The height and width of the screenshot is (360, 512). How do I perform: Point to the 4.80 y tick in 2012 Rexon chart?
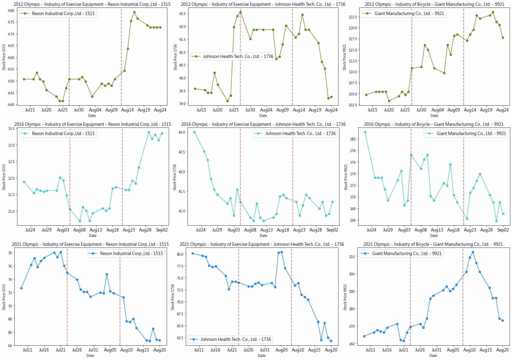pyautogui.click(x=11, y=11)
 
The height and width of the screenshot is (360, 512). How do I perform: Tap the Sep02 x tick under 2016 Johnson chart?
pyautogui.click(x=332, y=230)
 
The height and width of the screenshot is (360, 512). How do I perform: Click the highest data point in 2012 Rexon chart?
pyautogui.click(x=134, y=12)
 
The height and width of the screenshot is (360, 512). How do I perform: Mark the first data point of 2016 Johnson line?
pyautogui.click(x=194, y=132)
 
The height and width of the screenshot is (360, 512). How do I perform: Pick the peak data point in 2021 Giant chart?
pyautogui.click(x=473, y=252)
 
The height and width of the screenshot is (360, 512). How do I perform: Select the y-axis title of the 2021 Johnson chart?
pyautogui.click(x=173, y=297)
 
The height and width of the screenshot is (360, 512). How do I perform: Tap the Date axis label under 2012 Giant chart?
pyautogui.click(x=434, y=116)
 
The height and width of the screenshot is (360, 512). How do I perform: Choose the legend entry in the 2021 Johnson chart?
pyautogui.click(x=230, y=340)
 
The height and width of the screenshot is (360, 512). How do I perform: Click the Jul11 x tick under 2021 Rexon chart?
pyautogui.click(x=27, y=350)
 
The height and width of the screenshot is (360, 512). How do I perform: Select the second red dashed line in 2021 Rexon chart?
pyautogui.click(x=120, y=297)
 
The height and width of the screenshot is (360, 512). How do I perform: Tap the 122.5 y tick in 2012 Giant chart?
pyautogui.click(x=352, y=17)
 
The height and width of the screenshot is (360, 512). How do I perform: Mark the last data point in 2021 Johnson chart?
pyautogui.click(x=331, y=341)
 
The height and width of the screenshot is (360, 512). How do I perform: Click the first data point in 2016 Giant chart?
pyautogui.click(x=365, y=132)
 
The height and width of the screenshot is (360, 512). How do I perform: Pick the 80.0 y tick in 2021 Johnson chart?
pyautogui.click(x=180, y=254)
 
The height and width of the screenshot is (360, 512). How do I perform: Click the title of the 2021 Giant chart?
pyautogui.click(x=433, y=244)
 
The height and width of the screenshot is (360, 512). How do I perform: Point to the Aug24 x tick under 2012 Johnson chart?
pyautogui.click(x=331, y=110)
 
